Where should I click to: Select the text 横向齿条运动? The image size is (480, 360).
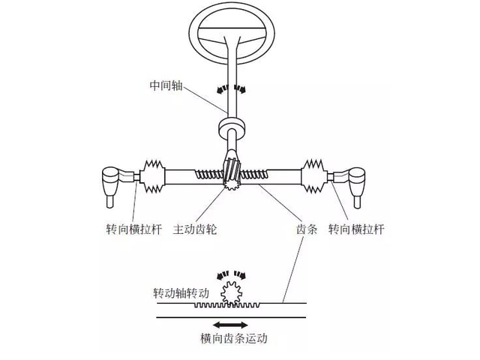[233, 338]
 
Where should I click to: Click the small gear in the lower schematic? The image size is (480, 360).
[231, 291]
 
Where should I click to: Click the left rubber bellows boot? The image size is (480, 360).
[154, 178]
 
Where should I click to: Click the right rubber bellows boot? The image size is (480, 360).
[314, 178]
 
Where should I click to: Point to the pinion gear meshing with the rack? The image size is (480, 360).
[233, 180]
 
